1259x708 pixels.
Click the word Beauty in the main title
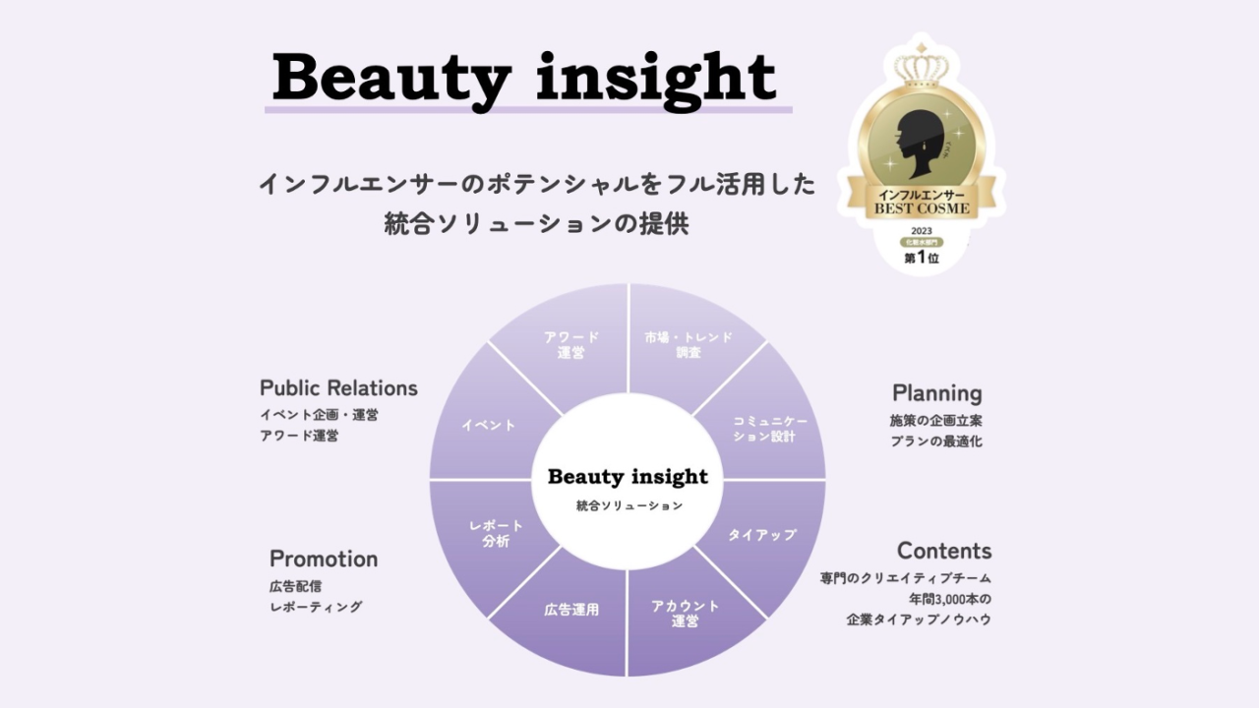[390, 77]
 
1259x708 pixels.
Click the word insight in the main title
[656, 77]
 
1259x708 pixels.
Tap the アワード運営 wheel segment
[570, 344]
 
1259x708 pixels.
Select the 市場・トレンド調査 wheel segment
[689, 344]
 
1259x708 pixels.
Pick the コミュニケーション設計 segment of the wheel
[770, 429]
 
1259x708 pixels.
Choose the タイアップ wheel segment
[762, 535]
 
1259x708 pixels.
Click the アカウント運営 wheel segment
[686, 613]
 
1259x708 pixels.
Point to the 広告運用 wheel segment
[571, 610]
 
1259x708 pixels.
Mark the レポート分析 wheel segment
[496, 533]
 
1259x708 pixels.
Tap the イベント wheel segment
[489, 425]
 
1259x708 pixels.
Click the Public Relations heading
[338, 388]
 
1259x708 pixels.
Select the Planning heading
[936, 393]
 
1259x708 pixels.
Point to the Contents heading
[943, 551]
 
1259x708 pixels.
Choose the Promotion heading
[324, 559]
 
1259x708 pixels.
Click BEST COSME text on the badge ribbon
[923, 208]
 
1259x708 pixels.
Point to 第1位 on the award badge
[923, 259]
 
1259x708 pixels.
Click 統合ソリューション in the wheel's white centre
[629, 505]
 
